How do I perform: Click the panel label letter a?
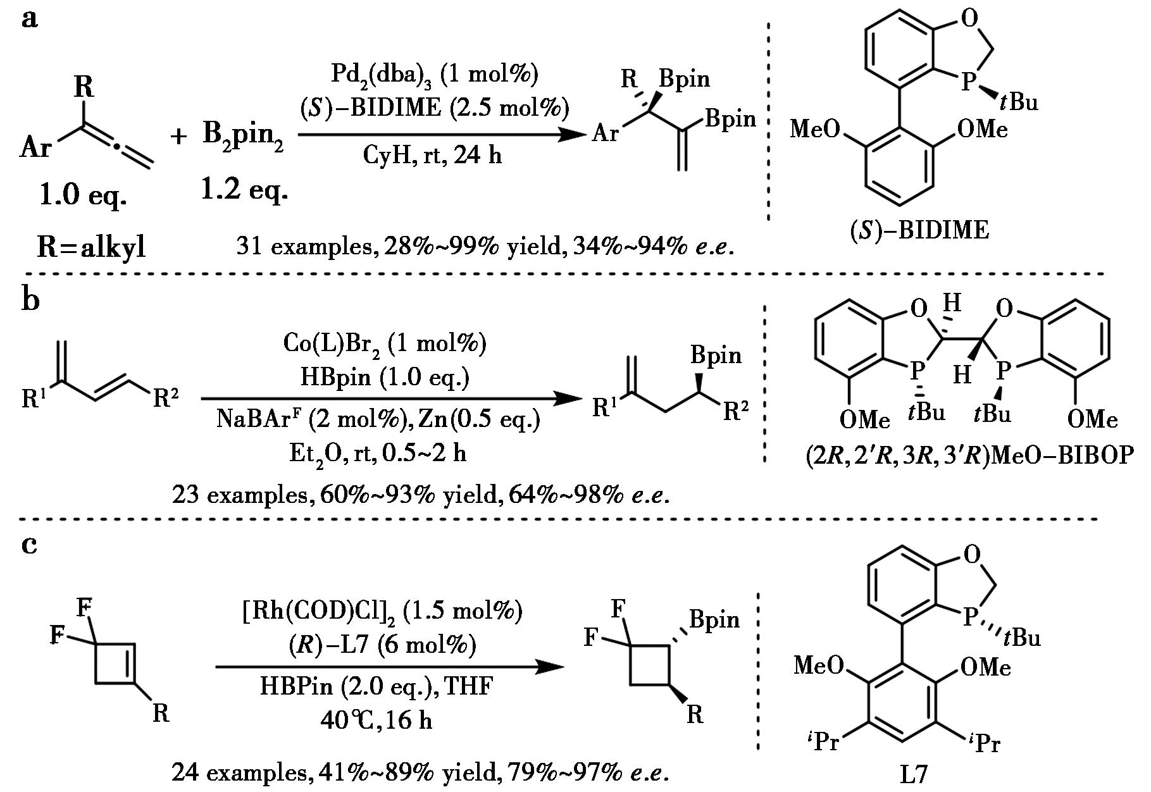pos(29,19)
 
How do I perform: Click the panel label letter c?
pos(29,543)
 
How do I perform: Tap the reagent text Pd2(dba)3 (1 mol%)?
pos(435,75)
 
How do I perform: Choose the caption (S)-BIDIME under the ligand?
pos(919,230)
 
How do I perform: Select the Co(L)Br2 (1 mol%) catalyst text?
pos(385,343)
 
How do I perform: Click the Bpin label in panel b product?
pos(716,355)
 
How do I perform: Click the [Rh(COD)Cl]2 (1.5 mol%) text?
pos(383,612)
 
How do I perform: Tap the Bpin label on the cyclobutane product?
pos(714,619)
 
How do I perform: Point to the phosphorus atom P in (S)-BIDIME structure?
pos(967,82)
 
